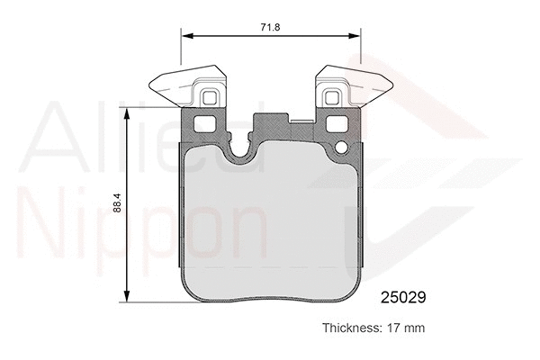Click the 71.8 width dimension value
tap(271, 28)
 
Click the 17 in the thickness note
tap(393, 328)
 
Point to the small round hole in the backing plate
tap(341, 146)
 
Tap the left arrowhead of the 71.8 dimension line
tap(186, 36)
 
